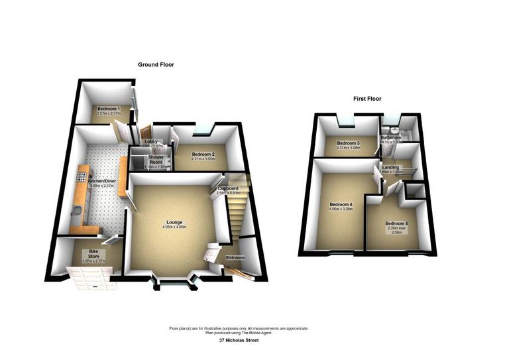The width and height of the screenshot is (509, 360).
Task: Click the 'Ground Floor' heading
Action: (x=156, y=64)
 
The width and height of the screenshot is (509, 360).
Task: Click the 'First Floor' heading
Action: (x=367, y=99)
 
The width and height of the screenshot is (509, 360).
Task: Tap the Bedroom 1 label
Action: (x=108, y=109)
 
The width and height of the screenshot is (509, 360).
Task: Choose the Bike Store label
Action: (x=89, y=253)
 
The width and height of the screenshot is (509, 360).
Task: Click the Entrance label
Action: (x=235, y=257)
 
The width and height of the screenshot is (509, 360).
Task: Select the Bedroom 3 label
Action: (x=347, y=143)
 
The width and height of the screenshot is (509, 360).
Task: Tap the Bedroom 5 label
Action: (x=396, y=223)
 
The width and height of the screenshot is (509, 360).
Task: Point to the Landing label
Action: (x=391, y=167)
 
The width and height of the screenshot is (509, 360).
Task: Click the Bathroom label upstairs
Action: (x=391, y=138)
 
